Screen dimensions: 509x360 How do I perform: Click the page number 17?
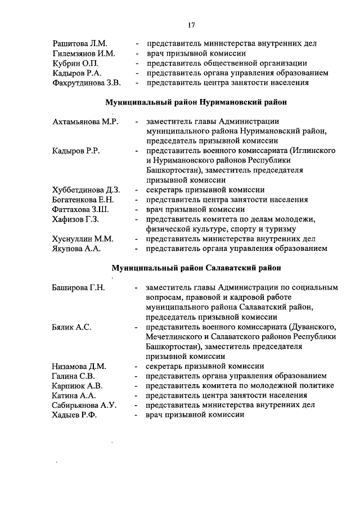(x=191, y=25)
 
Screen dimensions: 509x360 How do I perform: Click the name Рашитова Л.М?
(x=79, y=43)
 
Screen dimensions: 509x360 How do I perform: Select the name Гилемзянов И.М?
(x=84, y=53)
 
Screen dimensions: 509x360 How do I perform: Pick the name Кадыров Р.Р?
(x=76, y=151)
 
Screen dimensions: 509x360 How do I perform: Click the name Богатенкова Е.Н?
(x=83, y=200)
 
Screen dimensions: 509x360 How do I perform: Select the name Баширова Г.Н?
(x=78, y=287)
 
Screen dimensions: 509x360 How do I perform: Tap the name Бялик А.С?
(x=72, y=327)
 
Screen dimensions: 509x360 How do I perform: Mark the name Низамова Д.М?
(x=79, y=366)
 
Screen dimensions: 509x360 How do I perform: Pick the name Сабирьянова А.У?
(x=84, y=405)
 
